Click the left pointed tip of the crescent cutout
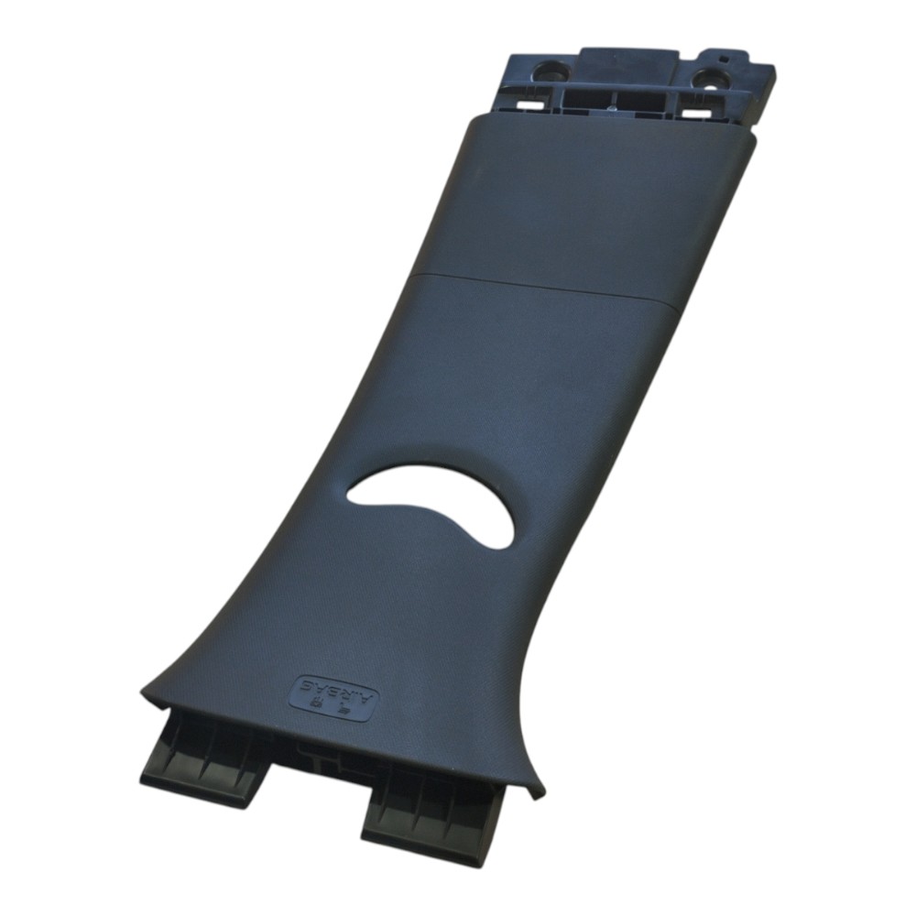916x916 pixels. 347,499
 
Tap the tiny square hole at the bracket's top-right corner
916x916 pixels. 724,59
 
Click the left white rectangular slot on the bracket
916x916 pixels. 529,104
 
